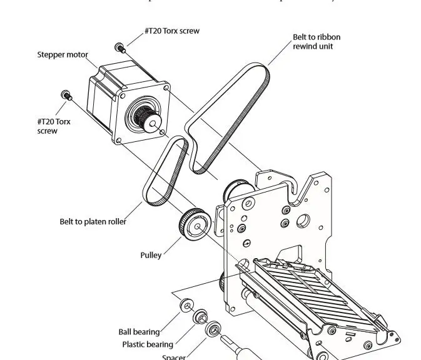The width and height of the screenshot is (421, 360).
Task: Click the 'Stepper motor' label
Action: [x=61, y=54]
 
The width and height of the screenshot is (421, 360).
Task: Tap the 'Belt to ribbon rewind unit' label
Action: [x=317, y=42]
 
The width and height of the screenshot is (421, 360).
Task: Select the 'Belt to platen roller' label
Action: [x=93, y=221]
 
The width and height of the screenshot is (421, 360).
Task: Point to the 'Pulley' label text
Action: [x=151, y=255]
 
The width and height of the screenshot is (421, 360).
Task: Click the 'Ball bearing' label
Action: [x=139, y=332]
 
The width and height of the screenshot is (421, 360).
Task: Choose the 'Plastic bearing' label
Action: [x=147, y=344]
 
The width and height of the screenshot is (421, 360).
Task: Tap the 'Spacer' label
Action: [x=173, y=357]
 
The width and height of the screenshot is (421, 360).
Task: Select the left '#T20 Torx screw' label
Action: [x=54, y=126]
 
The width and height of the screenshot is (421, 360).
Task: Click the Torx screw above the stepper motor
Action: [x=119, y=47]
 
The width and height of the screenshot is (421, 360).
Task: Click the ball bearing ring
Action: [x=186, y=306]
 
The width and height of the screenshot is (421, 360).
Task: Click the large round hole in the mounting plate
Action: [x=303, y=220]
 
